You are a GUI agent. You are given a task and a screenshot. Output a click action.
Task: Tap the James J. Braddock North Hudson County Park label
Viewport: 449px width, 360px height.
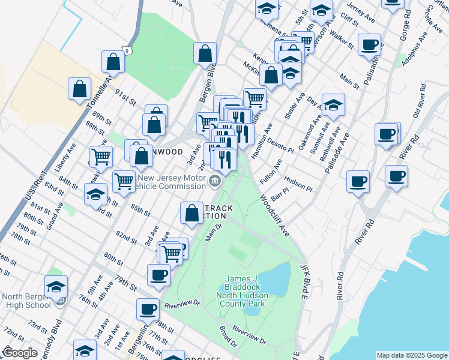[x=253, y=291]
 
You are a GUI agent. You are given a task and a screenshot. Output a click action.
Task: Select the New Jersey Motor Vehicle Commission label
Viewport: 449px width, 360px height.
[x=171, y=182]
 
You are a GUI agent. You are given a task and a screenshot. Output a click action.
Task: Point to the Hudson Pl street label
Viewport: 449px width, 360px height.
[x=299, y=184]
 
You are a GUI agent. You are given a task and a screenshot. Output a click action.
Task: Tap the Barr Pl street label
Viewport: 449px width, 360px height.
[x=280, y=196]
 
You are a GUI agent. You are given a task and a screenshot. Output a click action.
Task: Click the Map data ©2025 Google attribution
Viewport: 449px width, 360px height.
[x=412, y=355]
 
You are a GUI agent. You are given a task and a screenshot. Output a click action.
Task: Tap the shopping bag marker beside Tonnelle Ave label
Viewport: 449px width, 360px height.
[x=113, y=61]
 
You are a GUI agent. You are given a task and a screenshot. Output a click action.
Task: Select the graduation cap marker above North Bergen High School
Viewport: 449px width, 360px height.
[x=56, y=287]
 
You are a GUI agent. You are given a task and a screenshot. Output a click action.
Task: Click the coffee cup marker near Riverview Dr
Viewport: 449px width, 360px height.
[x=148, y=310]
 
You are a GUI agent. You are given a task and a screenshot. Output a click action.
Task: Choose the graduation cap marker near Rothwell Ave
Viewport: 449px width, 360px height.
[x=333, y=105]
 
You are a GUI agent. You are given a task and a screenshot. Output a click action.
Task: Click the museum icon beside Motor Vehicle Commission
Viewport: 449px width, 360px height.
[x=214, y=180]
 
